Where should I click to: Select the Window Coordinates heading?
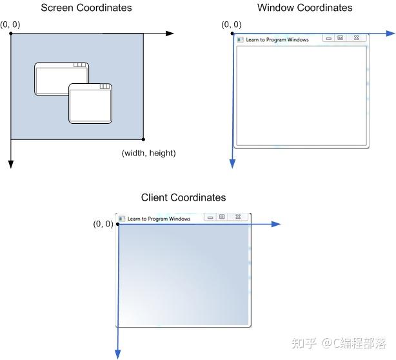pyautogui.click(x=304, y=8)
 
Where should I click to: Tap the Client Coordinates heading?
pyautogui.click(x=184, y=197)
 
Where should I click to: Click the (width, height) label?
pyautogui.click(x=148, y=154)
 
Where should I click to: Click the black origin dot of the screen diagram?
pyautogui.click(x=11, y=33)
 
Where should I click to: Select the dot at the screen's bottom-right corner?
pyautogui.click(x=143, y=139)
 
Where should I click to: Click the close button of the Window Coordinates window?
pyautogui.click(x=355, y=39)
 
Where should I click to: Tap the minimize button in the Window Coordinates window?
pyautogui.click(x=328, y=39)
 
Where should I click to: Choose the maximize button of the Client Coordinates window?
pyautogui.click(x=222, y=217)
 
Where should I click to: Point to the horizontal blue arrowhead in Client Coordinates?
pyautogui.click(x=276, y=224)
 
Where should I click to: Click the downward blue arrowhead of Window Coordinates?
pyautogui.click(x=233, y=164)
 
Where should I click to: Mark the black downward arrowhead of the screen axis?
pyautogui.click(x=11, y=164)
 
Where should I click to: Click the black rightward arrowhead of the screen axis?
pyautogui.click(x=170, y=33)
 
